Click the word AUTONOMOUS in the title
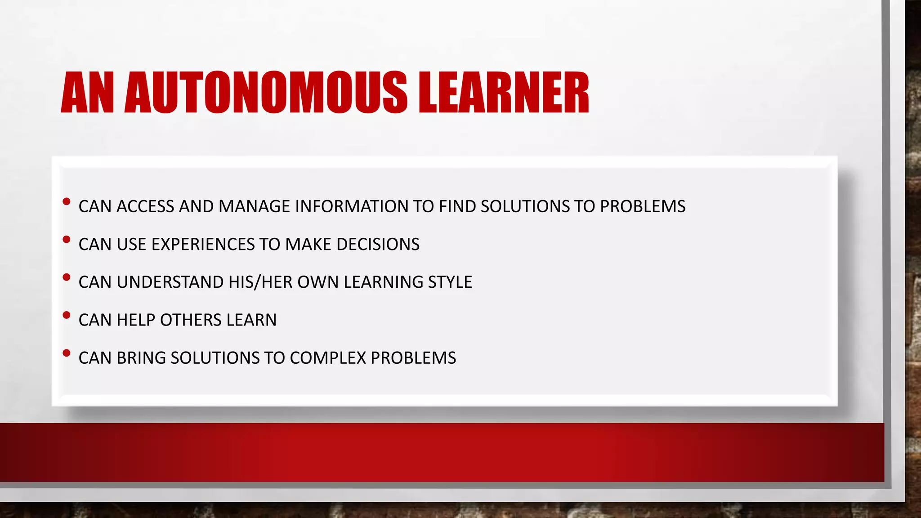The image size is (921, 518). coord(265,93)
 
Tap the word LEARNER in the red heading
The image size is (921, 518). coord(504,93)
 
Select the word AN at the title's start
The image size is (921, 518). coord(87,93)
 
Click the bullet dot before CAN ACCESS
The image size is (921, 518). coord(67,202)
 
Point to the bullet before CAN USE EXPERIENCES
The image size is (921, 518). coord(67,240)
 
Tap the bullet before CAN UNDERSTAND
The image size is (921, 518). coord(67,277)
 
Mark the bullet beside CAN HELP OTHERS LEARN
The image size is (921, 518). coord(67,315)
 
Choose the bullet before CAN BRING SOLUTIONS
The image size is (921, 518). coord(67,353)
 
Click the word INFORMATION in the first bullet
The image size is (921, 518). coord(351,206)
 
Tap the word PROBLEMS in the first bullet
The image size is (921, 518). coord(643,206)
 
